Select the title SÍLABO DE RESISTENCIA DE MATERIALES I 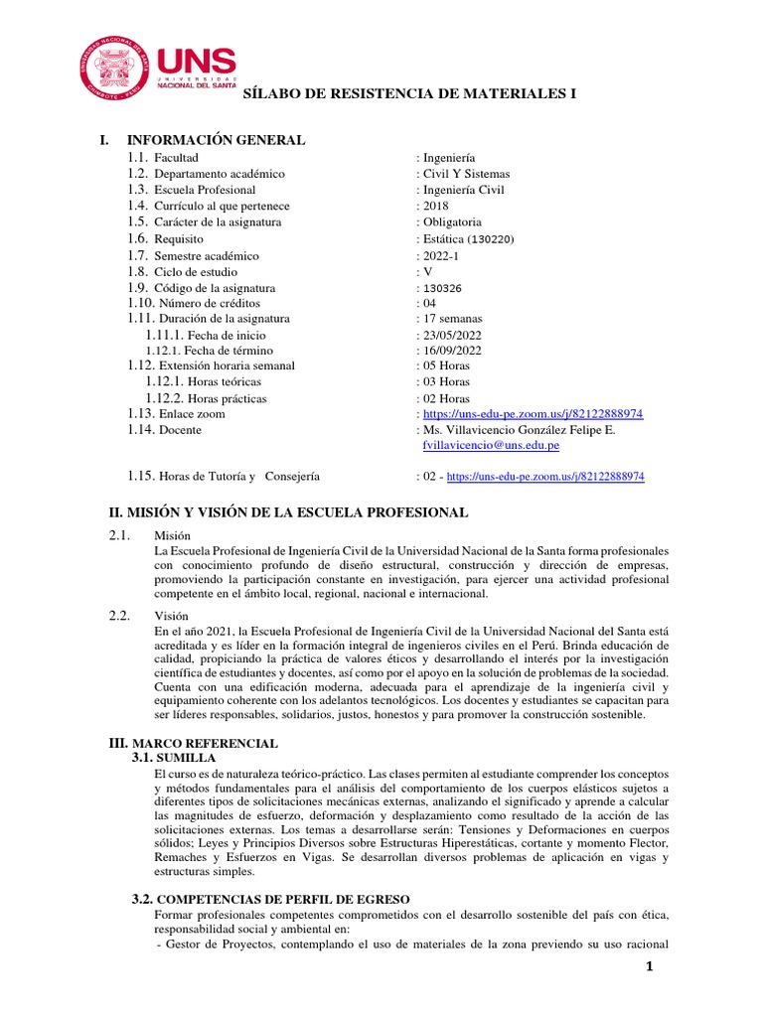click(410, 93)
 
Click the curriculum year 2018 click(435, 206)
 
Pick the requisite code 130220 click(493, 239)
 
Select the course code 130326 click(443, 288)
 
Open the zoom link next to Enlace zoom click(533, 413)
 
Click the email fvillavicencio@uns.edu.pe click(491, 446)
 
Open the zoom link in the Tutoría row click(545, 477)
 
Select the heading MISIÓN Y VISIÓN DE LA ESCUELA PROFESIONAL click(287, 512)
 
